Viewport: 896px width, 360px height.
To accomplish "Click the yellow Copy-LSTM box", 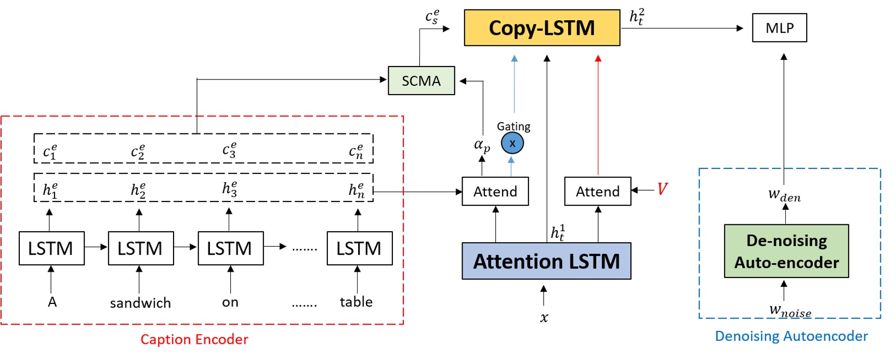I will click(x=542, y=28).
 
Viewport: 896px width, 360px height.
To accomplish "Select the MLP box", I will click(x=779, y=28).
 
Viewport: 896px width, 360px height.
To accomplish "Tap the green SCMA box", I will click(x=421, y=81).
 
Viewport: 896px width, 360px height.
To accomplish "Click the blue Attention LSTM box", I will click(x=546, y=261).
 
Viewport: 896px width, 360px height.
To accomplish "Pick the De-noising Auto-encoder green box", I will click(x=786, y=251).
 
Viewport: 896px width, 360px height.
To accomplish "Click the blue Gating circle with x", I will click(x=512, y=144).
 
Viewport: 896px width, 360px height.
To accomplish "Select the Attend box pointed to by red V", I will click(x=597, y=192).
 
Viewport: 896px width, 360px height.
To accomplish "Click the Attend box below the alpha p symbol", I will click(x=495, y=192).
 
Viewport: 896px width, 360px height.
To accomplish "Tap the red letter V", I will click(x=662, y=189).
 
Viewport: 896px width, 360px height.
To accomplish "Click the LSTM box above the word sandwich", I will click(x=140, y=248).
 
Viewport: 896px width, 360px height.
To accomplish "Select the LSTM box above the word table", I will click(x=359, y=248).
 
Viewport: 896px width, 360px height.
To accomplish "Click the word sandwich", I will click(x=140, y=303).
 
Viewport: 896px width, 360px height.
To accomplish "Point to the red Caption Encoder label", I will click(x=194, y=340).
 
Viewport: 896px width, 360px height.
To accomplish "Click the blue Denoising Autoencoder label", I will click(x=791, y=336).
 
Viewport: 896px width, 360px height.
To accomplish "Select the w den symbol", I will click(x=784, y=195).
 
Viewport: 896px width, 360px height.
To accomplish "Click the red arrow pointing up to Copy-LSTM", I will click(x=598, y=114).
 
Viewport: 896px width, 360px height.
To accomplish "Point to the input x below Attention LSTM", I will click(x=544, y=317).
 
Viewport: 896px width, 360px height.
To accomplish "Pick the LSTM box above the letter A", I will click(x=51, y=248).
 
